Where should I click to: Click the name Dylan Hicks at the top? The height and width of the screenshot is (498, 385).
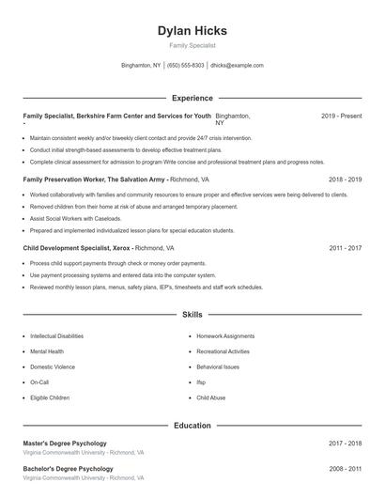point(192,31)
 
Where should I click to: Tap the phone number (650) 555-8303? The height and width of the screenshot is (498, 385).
point(186,66)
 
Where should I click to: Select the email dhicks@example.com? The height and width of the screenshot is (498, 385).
point(237,66)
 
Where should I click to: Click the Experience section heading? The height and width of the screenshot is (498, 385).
point(192,98)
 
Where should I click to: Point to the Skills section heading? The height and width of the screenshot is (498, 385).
point(192,315)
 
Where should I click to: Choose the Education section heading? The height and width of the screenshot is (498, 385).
point(192,426)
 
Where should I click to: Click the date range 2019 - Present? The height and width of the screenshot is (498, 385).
point(341,116)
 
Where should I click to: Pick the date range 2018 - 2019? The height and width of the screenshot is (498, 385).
point(345,179)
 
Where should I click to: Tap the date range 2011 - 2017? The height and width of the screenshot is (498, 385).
point(345,248)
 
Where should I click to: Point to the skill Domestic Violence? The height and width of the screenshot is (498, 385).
point(53,366)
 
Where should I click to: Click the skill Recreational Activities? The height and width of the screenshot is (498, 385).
point(224,351)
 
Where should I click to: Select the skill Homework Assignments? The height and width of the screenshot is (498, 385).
point(225,335)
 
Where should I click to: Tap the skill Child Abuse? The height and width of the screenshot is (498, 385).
point(211,397)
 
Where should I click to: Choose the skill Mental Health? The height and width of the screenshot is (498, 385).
point(47,351)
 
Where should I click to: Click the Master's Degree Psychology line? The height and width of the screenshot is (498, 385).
point(65,443)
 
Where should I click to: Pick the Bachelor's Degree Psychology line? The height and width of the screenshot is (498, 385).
point(68,468)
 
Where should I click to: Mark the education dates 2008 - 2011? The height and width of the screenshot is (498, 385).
point(345,468)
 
